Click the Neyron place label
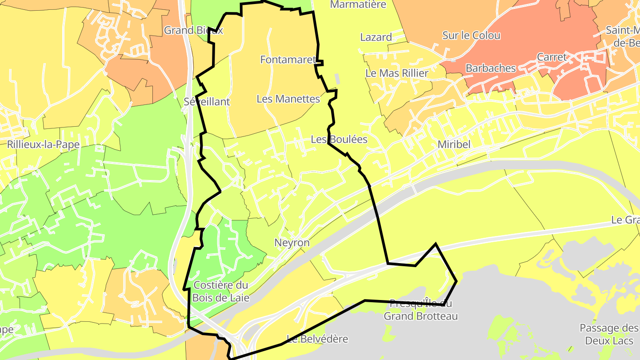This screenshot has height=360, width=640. tap(292, 243)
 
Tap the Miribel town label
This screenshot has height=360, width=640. tap(454, 144)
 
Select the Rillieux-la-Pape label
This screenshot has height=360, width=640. tap(43, 144)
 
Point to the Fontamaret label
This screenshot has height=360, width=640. tap(288, 59)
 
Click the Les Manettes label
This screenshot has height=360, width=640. tap(288, 99)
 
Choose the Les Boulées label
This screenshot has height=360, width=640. tap(339, 139)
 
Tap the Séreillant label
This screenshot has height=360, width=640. tap(207, 101)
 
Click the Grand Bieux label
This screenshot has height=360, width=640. tap(193, 30)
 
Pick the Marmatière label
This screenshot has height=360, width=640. tap(358, 4)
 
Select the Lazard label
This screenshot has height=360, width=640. tap(376, 37)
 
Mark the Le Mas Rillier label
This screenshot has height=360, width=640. tap(396, 73)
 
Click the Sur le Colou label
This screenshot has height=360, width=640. tap(471, 35)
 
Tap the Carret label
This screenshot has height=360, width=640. tap(552, 57)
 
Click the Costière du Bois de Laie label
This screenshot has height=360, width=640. tap(221, 291)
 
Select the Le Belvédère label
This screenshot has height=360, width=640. tap(317, 339)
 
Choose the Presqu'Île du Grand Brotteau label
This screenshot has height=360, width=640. tap(420, 310)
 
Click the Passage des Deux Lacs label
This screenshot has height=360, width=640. tap(608, 334)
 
